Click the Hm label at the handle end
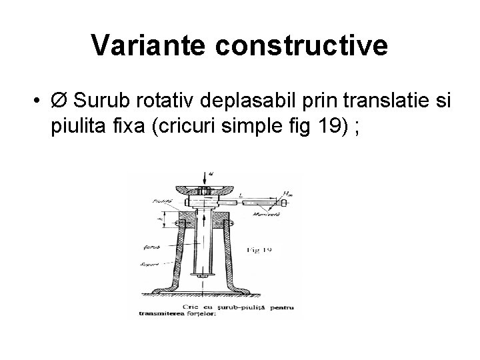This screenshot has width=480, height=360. pyautogui.click(x=287, y=193)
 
